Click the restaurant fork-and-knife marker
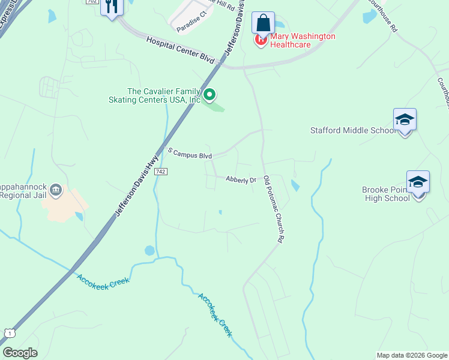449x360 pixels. tap(112, 7)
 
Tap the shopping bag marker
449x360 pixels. tap(263, 23)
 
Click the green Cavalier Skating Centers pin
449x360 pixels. tap(209, 94)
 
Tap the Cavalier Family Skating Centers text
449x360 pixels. tap(154, 95)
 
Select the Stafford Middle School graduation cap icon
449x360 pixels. tap(405, 120)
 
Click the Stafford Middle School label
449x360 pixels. tap(353, 130)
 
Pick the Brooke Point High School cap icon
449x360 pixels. tap(418, 182)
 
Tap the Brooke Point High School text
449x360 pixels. tap(386, 194)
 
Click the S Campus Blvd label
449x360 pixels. tap(190, 153)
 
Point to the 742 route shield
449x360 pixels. tap(160, 172)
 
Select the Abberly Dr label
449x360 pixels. tap(241, 179)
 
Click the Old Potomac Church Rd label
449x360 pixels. tap(273, 208)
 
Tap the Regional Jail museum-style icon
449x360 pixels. tap(56, 190)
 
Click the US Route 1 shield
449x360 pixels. tap(9, 332)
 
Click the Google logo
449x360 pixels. tap(20, 353)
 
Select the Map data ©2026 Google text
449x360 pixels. tap(411, 355)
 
